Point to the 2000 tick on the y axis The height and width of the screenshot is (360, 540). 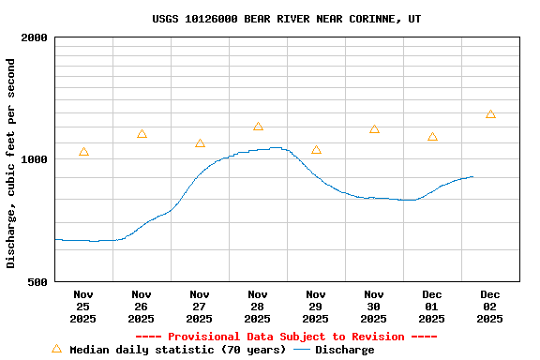(35, 38)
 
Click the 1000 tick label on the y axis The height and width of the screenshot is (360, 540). (35, 159)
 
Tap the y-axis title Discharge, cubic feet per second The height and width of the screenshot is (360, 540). (11, 163)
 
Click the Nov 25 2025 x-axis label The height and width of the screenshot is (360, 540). (83, 307)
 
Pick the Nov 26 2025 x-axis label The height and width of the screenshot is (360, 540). (142, 307)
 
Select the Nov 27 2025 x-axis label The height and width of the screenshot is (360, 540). (200, 307)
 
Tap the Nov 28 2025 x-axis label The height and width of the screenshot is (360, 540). (258, 307)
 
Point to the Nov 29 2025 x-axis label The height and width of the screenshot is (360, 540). (316, 307)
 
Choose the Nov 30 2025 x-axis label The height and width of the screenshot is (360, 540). (374, 307)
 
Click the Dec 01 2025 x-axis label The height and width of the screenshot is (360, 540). (432, 307)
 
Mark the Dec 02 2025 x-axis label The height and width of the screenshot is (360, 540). (490, 307)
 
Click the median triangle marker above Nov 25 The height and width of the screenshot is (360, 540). (83, 152)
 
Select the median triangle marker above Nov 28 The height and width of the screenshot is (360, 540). (258, 127)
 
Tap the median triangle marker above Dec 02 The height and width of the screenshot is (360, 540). (490, 114)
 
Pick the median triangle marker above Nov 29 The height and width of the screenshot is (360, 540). (316, 150)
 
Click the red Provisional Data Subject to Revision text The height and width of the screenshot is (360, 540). (286, 337)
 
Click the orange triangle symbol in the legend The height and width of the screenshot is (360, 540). (56, 349)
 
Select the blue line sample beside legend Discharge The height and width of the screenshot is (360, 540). (302, 350)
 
